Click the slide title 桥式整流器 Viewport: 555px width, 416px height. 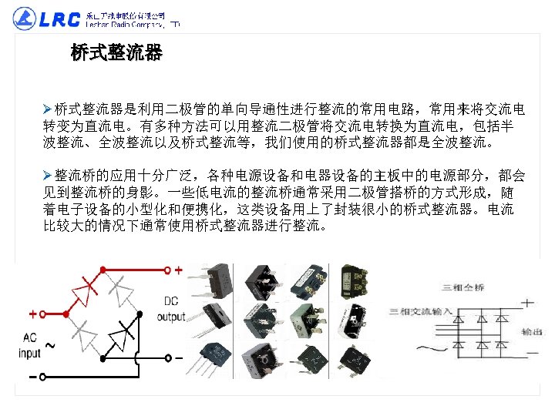tap(116, 53)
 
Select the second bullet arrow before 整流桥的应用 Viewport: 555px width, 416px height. tap(48, 175)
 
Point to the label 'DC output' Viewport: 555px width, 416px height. tap(171, 309)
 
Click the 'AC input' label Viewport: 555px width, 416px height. tap(30, 345)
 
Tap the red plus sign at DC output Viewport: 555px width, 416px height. tap(179, 271)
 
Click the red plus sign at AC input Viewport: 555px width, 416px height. tap(32, 314)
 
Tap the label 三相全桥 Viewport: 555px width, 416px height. tap(456, 287)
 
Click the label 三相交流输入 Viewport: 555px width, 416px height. tap(419, 311)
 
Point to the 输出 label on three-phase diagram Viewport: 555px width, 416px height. tap(531, 332)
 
